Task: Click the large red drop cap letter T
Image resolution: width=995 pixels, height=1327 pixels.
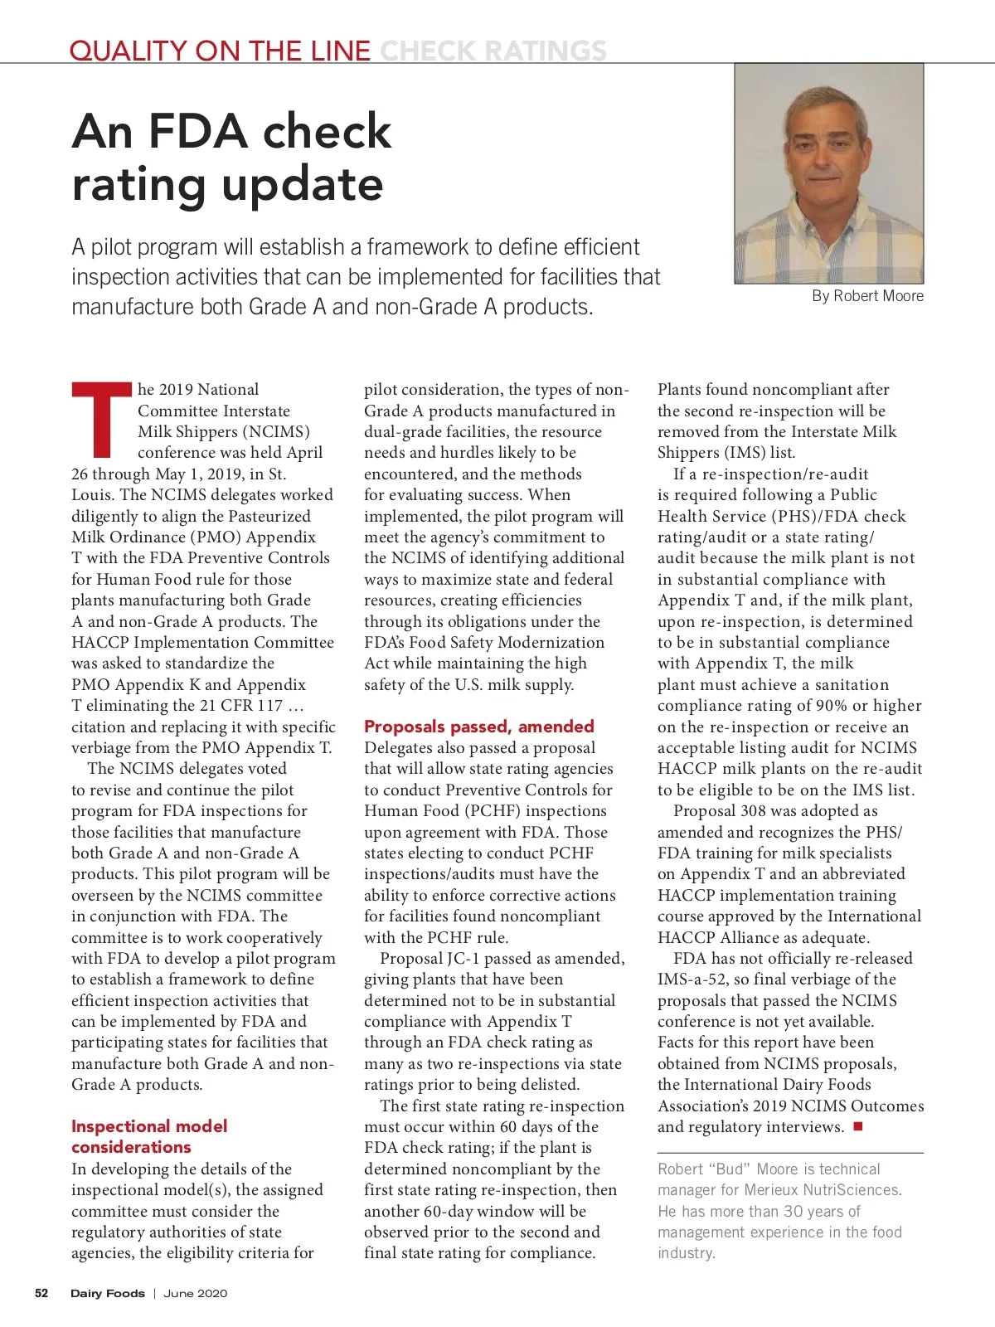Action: pos(102,420)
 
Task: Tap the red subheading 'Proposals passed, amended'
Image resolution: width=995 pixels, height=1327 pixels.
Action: pos(478,727)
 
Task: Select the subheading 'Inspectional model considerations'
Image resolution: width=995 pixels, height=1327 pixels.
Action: pos(149,1136)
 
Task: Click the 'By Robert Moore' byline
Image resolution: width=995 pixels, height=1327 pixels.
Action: pos(867,296)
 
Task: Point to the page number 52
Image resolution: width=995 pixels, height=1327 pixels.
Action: pos(41,1293)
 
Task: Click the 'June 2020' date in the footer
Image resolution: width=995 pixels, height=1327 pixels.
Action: pos(195,1293)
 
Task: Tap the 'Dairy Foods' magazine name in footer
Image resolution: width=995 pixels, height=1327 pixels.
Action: pos(107,1293)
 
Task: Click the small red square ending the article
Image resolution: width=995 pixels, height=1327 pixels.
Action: pos(858,1126)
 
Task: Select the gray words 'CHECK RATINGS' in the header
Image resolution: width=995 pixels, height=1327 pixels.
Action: pos(493,51)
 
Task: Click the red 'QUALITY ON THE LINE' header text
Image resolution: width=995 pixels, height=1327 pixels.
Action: pos(220,51)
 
